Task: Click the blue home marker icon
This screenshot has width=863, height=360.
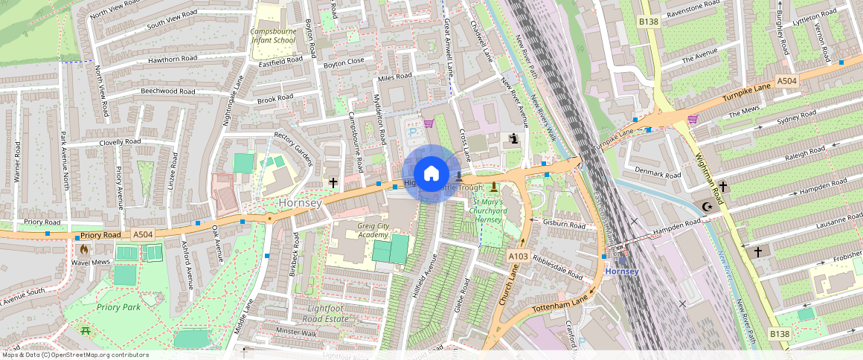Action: pos(431,174)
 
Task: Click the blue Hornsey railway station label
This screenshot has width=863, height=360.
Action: pos(621,271)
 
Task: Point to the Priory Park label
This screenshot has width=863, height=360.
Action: pos(118,306)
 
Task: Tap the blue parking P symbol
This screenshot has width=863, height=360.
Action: pos(414,132)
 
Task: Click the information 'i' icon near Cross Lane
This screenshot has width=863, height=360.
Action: pos(514,138)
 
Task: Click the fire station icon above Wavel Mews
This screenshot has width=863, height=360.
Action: pos(84,249)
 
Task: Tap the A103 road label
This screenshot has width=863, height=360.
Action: pos(518,256)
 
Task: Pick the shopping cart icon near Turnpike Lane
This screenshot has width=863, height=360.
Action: pos(693,118)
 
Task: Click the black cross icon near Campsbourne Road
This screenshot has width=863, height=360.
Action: pos(333,182)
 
